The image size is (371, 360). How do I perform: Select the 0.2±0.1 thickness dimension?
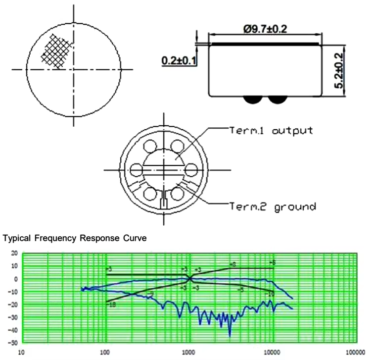coord(178,60)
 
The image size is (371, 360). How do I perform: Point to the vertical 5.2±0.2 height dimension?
coord(339,71)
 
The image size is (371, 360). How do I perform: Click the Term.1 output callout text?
coord(271,131)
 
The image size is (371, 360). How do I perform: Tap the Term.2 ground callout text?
coord(273,206)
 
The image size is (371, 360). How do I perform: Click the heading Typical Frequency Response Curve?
coord(75,238)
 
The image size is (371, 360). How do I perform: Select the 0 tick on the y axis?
coord(15,279)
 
